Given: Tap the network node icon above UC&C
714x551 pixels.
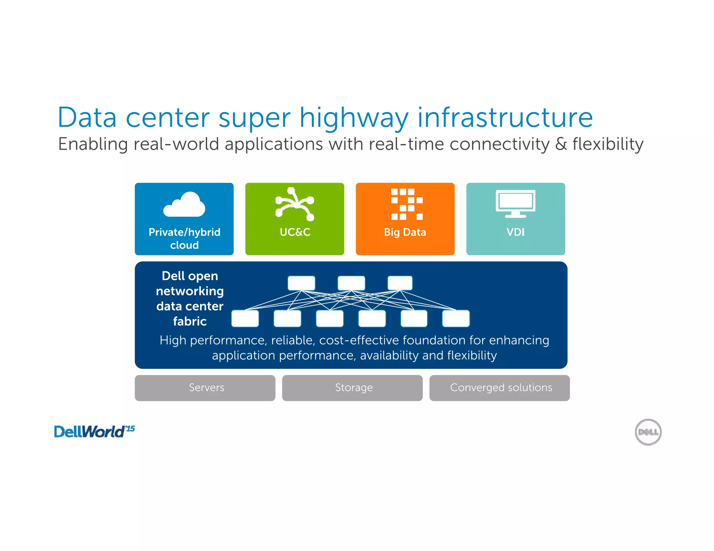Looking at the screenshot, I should click(x=295, y=204).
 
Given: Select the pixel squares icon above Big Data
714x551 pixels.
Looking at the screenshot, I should click(x=407, y=204).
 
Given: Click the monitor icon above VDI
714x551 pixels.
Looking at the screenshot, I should click(x=515, y=204).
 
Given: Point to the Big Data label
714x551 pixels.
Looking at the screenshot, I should click(x=405, y=232).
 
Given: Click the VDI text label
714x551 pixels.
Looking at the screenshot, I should click(x=515, y=232).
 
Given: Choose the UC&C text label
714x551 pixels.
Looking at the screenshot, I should click(x=295, y=232).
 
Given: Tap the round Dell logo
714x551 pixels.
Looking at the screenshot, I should click(x=648, y=432).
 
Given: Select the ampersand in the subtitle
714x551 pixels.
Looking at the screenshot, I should click(x=561, y=144).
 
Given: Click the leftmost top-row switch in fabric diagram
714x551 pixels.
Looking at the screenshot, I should click(x=301, y=283).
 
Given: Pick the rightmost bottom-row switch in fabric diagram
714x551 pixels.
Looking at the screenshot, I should click(x=456, y=319).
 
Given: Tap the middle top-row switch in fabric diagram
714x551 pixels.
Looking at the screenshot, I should click(x=351, y=283).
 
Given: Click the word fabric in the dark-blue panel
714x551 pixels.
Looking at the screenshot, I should click(x=190, y=321).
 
